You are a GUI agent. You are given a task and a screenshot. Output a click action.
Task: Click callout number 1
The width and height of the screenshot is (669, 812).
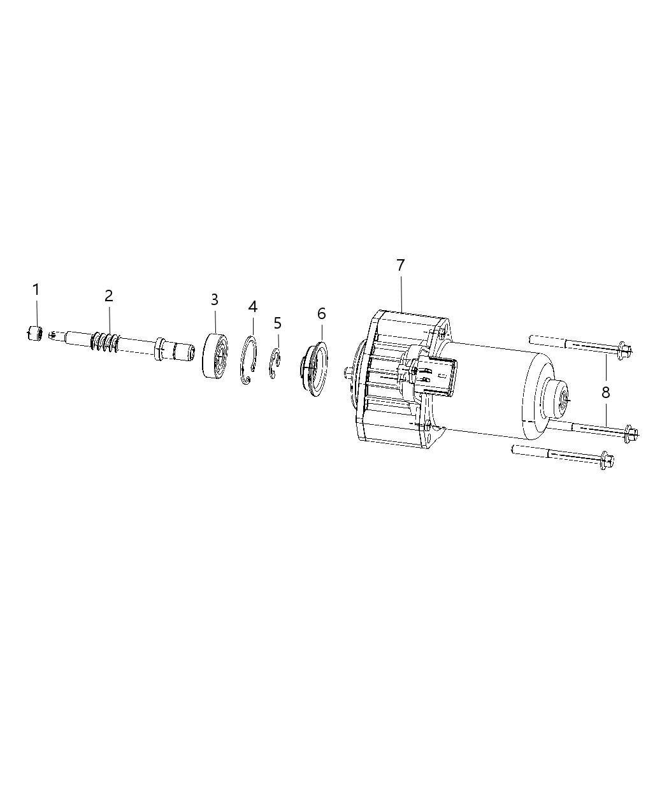point(36,290)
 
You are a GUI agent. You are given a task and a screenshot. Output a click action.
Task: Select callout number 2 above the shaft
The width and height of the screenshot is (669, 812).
point(109,296)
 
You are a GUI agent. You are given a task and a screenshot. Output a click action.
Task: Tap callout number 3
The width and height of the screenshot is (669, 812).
point(215,299)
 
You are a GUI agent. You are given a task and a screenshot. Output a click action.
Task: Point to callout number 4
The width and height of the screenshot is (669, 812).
point(253,306)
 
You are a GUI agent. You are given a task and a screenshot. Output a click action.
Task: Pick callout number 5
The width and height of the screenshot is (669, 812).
point(277,323)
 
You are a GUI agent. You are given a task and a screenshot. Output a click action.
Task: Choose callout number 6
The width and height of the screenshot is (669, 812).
point(321,313)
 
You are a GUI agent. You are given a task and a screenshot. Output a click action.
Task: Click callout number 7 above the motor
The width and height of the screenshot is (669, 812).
point(400,265)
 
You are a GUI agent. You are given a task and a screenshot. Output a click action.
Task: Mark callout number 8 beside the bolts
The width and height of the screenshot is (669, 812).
point(605,392)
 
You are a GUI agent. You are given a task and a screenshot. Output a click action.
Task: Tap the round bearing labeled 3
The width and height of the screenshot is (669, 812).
point(215,355)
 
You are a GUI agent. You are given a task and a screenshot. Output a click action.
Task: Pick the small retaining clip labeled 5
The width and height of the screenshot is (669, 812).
point(275,363)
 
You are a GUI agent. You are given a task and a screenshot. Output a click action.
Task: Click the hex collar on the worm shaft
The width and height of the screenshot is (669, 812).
point(159,349)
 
